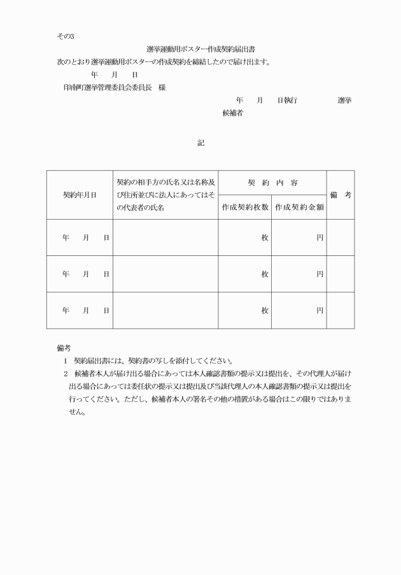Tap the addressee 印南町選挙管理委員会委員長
tap(106, 87)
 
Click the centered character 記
tap(200, 143)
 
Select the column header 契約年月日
tap(80, 195)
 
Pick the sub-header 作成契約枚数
tap(245, 207)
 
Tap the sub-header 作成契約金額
tap(299, 207)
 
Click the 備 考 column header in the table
tap(341, 195)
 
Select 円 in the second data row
tap(320, 274)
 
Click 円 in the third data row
tap(320, 310)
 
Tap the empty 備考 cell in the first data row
tap(341, 238)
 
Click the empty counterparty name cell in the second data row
tap(165, 274)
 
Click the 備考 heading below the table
tap(64, 348)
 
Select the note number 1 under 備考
tap(65, 361)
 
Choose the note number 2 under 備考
tap(65, 374)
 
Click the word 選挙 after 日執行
tap(344, 101)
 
